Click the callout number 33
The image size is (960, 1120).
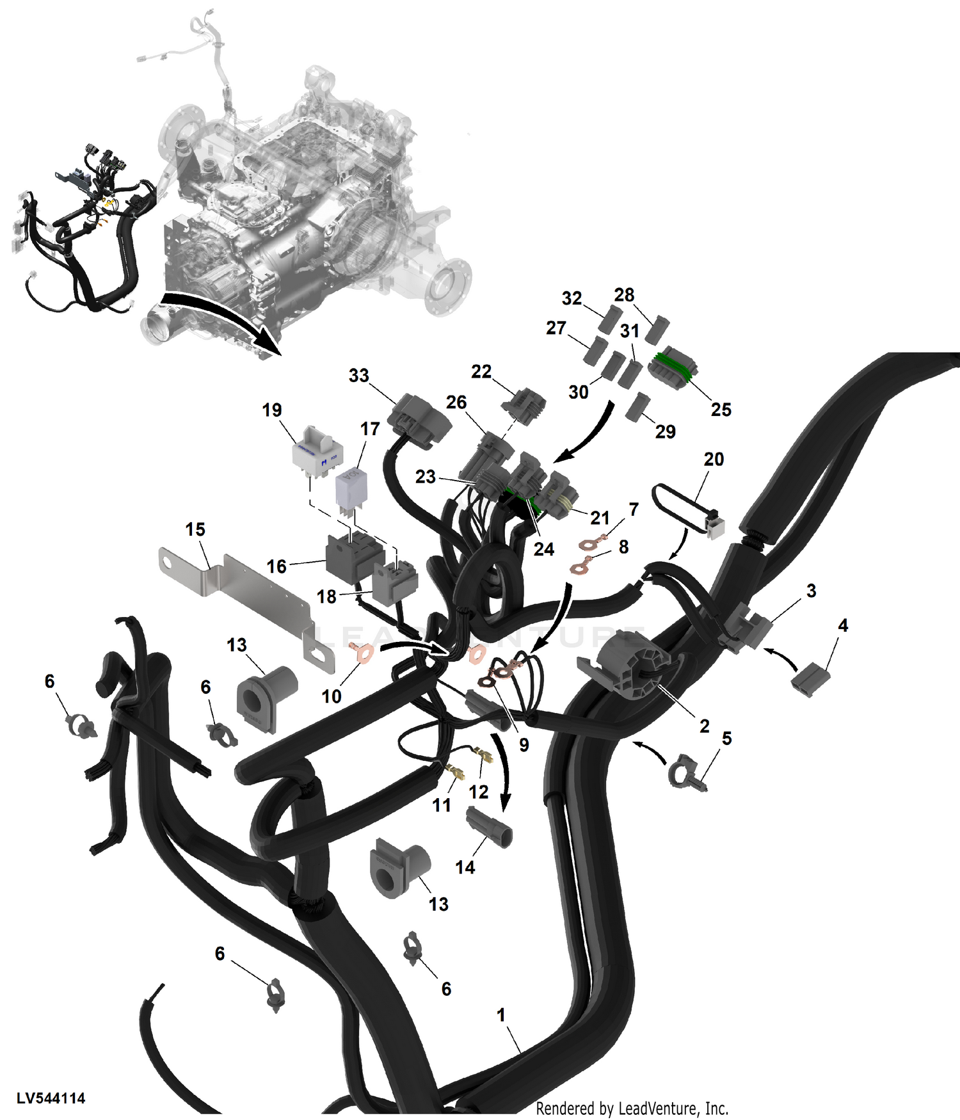pos(358,376)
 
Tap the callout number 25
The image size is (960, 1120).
pos(721,410)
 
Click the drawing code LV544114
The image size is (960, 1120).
pos(51,1098)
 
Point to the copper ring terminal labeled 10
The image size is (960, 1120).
pos(364,654)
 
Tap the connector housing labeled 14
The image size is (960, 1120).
pos(489,827)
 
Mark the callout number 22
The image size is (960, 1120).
pos(481,372)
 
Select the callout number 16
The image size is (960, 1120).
pos(276,566)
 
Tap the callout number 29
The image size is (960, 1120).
pos(665,431)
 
